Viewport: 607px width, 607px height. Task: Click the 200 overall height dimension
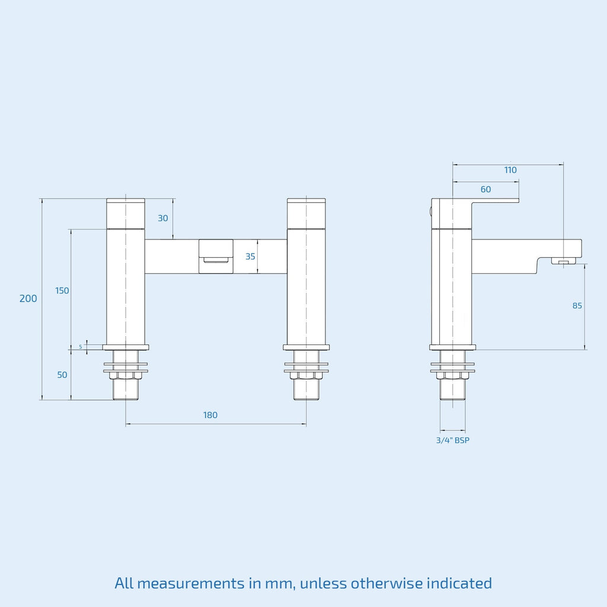[28, 299]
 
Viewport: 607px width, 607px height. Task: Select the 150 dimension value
[62, 290]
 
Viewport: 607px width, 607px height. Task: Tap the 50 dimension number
[62, 375]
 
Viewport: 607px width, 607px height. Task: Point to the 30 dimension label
[162, 218]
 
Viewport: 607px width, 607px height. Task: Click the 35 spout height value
[250, 256]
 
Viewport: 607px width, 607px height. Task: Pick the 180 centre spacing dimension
[210, 415]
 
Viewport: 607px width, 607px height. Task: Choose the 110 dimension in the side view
[510, 170]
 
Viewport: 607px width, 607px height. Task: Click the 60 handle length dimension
[485, 189]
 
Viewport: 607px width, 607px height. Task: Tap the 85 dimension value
[577, 306]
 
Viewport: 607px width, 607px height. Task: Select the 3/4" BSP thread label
[452, 440]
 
